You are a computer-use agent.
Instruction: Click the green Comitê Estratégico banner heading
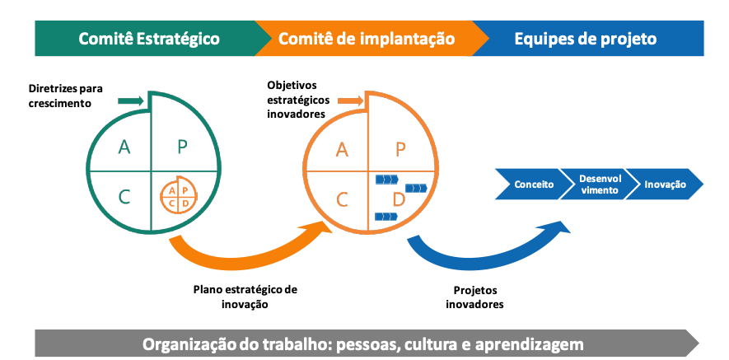[149, 39]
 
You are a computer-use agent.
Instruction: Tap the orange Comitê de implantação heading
[367, 39]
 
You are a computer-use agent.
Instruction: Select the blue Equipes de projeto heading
[586, 39]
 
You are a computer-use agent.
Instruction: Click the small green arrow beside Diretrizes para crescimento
[131, 101]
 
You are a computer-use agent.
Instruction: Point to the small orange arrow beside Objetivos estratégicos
[350, 101]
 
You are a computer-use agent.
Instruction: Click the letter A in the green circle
[124, 147]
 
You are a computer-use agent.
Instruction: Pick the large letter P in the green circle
[182, 147]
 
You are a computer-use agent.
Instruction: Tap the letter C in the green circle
[124, 197]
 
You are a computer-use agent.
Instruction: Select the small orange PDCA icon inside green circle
[179, 195]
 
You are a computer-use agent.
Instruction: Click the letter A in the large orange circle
[342, 150]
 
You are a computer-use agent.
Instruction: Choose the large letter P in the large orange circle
[400, 150]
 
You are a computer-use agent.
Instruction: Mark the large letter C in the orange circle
[342, 200]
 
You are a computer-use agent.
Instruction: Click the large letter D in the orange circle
[399, 200]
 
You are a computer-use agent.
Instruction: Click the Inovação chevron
[665, 185]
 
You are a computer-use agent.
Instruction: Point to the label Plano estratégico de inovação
[245, 297]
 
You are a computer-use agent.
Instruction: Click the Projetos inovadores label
[474, 297]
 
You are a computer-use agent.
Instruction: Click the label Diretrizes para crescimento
[66, 96]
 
